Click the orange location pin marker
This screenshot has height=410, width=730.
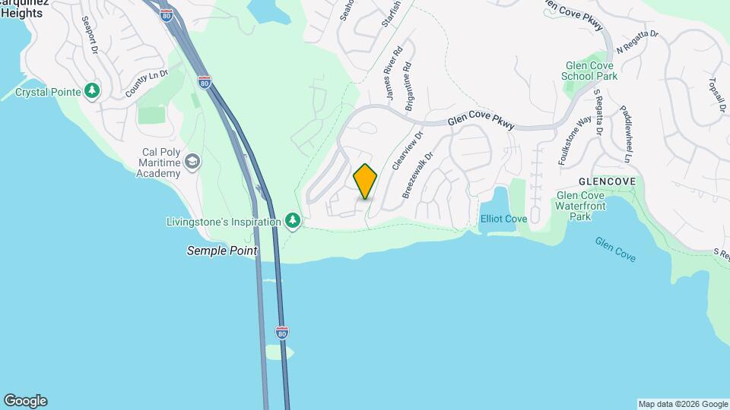[365, 181]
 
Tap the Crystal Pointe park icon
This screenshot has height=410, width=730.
[92, 91]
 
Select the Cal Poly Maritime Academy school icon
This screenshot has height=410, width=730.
[193, 162]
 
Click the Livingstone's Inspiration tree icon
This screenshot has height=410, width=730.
[293, 221]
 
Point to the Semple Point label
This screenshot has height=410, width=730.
[222, 251]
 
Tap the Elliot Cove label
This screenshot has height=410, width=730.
[503, 219]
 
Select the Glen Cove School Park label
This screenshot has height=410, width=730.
[589, 71]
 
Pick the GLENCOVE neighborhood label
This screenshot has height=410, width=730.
[606, 182]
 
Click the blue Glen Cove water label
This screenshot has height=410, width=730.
[615, 248]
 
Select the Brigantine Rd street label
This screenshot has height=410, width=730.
[408, 87]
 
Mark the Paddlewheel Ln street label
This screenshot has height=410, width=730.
[625, 134]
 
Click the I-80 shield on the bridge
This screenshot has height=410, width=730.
[282, 332]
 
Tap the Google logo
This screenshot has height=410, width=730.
[25, 401]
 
